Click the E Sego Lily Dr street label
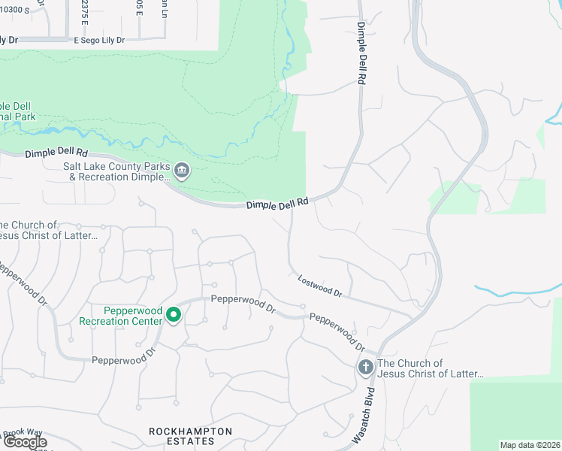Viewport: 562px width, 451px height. point(99,39)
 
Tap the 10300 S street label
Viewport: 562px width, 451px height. point(16,10)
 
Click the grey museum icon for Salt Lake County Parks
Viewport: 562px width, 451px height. point(181,171)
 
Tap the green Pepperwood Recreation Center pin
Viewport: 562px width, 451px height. point(174,315)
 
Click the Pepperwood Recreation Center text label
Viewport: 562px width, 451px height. point(120,316)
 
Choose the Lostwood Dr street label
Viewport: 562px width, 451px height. point(319,286)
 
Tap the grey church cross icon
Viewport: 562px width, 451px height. point(366,368)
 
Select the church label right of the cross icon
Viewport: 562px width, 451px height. point(430,368)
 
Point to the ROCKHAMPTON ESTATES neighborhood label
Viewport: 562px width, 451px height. point(190,436)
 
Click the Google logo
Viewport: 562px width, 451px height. point(24,442)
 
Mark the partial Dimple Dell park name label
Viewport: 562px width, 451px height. point(18,111)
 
